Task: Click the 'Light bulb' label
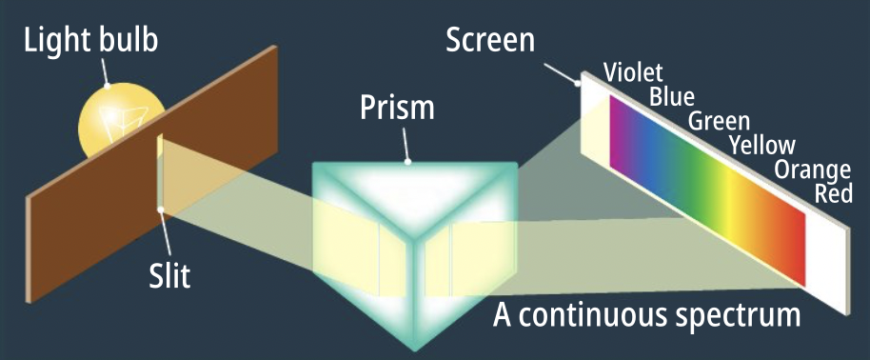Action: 91,41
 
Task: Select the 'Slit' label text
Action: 169,274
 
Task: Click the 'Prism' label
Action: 397,107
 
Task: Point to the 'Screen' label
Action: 490,40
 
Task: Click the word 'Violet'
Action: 633,72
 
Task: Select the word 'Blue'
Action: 672,97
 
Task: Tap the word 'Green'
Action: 719,121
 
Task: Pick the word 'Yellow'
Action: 762,145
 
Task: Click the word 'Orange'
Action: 812,170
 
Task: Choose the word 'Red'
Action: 833,193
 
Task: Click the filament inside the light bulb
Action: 124,122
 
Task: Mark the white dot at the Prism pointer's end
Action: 407,162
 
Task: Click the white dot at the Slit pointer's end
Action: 160,210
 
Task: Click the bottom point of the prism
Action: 414,350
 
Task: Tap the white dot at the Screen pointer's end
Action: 578,84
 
